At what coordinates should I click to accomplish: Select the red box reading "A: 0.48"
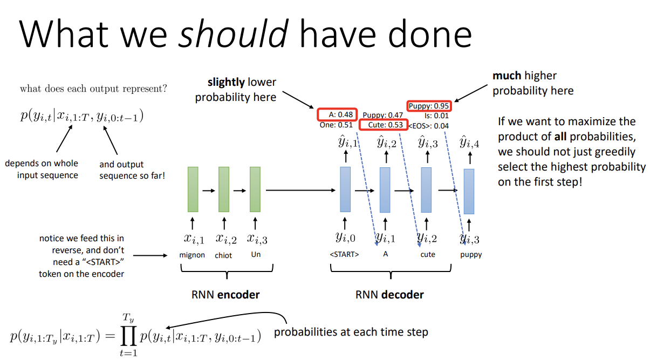[x=337, y=114]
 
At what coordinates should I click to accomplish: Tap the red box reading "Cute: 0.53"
[x=381, y=125]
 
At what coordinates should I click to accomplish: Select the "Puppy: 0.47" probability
[x=382, y=115]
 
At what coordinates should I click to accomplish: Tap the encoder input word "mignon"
[x=192, y=255]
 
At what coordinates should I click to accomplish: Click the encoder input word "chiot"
[x=223, y=255]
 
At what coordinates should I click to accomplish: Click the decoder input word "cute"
[x=427, y=254]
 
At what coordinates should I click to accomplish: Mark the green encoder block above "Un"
[x=255, y=189]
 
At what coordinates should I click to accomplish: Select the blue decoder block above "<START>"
[x=345, y=189]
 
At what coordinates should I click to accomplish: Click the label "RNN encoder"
[x=225, y=295]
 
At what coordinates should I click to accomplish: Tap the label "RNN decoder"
[x=389, y=295]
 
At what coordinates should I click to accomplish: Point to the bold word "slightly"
[x=226, y=83]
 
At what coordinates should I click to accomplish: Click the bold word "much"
[x=507, y=76]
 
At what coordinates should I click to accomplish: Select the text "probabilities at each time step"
[x=351, y=332]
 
